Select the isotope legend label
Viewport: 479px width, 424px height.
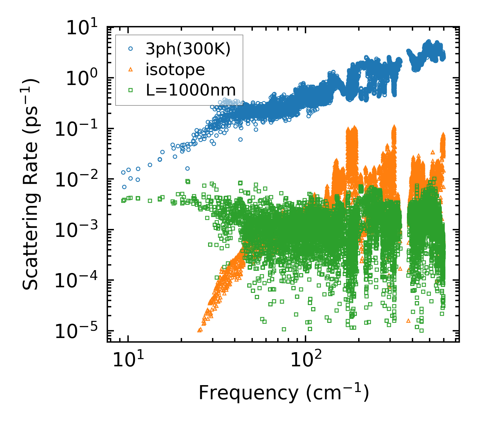[x=175, y=70]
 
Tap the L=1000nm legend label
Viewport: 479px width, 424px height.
[x=191, y=90]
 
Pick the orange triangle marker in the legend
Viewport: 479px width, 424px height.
[x=131, y=69]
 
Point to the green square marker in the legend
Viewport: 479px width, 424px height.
[x=131, y=90]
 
